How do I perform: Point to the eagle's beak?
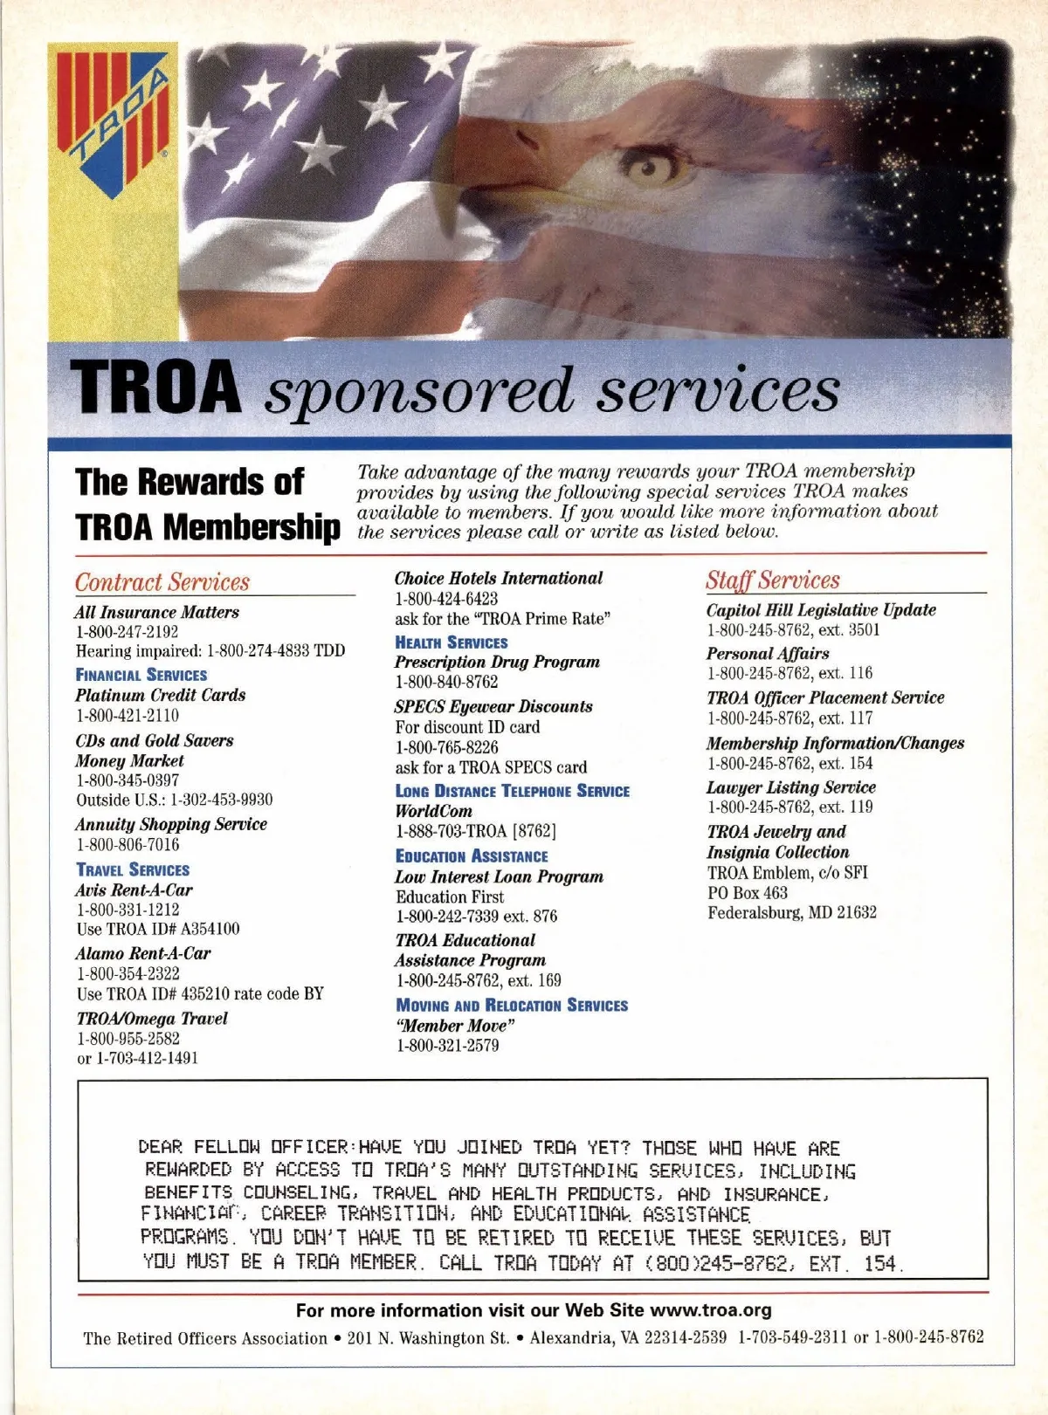click(x=489, y=161)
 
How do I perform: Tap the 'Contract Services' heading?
click(x=162, y=581)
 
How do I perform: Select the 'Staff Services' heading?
click(x=773, y=580)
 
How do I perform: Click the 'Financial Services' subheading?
click(x=141, y=675)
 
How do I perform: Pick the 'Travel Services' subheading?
click(x=133, y=869)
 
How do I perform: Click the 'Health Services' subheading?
click(x=452, y=642)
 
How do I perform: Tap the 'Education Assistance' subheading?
click(x=472, y=856)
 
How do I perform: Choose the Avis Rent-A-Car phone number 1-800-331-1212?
click(x=128, y=910)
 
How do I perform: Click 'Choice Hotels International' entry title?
click(x=499, y=578)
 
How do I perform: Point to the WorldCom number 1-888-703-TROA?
click(x=476, y=831)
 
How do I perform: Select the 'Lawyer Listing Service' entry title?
click(x=791, y=786)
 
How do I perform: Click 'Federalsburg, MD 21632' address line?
click(x=792, y=912)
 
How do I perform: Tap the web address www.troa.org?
click(x=711, y=1310)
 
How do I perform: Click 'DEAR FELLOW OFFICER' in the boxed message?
click(x=244, y=1147)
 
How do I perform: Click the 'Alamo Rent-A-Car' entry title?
click(x=143, y=953)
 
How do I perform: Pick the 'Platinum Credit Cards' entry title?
click(x=161, y=695)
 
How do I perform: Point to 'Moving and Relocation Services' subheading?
click(x=512, y=1005)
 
